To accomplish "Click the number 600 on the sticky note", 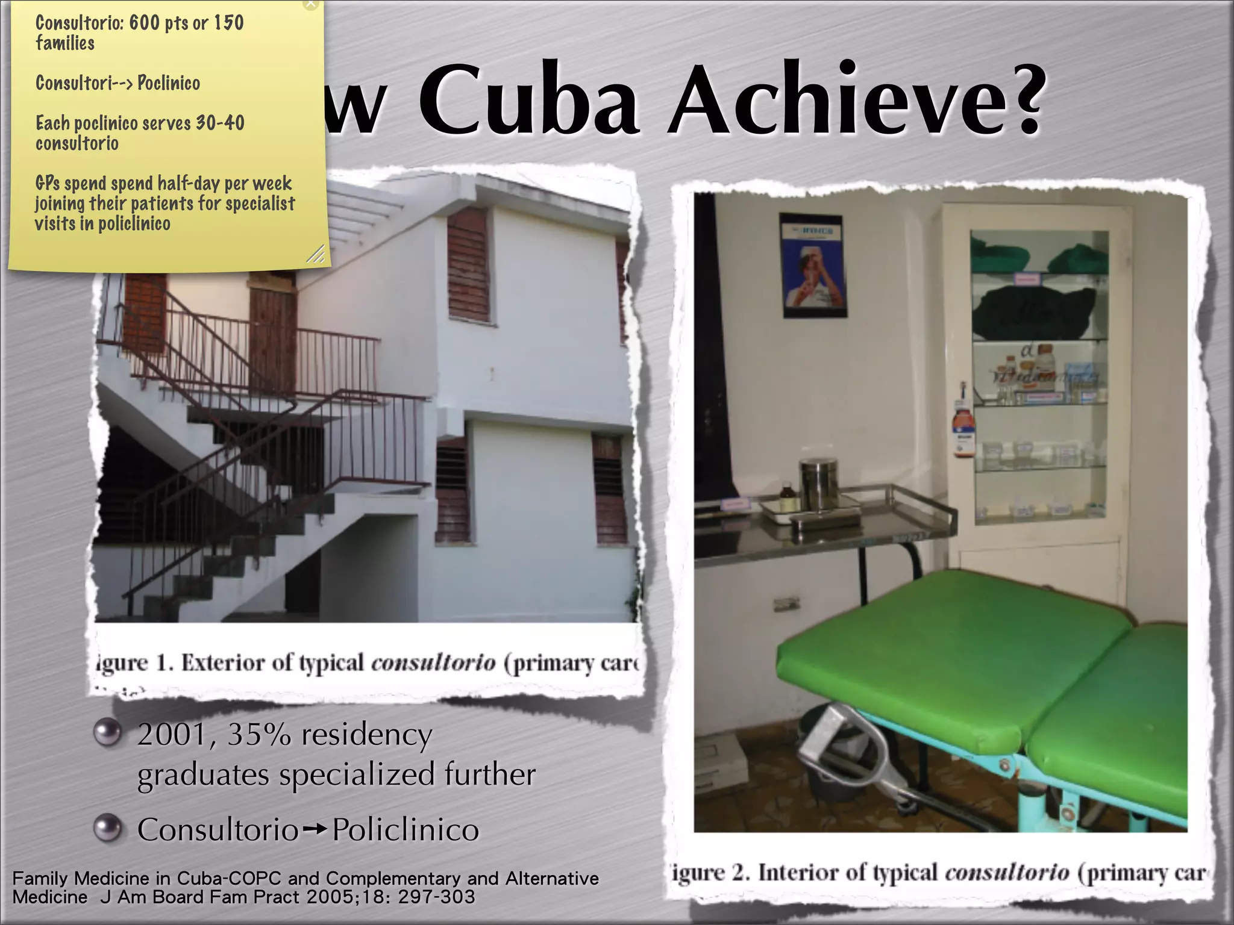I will click(145, 23).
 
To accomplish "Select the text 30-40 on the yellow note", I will click(220, 123).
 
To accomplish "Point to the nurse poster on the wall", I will click(814, 266).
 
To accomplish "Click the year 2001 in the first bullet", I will click(172, 735).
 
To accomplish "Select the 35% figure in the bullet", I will click(259, 735).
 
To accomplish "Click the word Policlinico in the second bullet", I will click(406, 830).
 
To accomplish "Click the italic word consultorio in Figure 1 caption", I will click(433, 663).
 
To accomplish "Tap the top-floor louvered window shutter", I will click(468, 265).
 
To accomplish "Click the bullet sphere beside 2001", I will click(108, 733).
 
